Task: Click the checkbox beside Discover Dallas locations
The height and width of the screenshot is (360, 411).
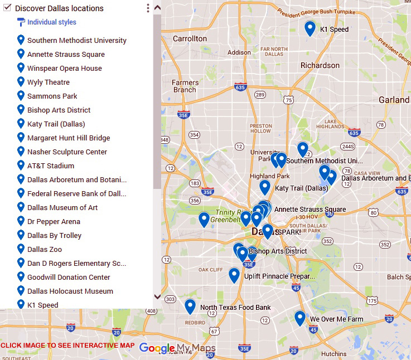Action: tap(7, 8)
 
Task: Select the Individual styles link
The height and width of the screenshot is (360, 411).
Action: tap(51, 22)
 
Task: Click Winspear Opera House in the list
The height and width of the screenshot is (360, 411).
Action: tap(64, 69)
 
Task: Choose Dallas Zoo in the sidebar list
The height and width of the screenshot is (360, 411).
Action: tap(45, 250)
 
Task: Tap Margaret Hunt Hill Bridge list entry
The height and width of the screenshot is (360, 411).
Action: tap(68, 138)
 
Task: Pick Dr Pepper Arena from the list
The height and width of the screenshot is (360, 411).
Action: tap(54, 222)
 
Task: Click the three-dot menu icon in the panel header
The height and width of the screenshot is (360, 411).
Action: tap(148, 8)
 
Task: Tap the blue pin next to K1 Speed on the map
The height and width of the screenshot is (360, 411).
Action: tap(310, 28)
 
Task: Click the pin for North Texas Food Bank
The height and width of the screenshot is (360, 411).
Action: tap(190, 306)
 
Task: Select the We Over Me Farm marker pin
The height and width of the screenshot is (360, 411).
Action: tap(300, 318)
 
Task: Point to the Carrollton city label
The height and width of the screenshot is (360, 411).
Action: tap(190, 39)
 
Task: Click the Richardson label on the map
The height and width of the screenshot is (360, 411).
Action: tap(320, 65)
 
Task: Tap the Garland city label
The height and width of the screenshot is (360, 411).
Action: tap(394, 100)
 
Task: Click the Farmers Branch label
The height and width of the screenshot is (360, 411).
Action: tap(185, 86)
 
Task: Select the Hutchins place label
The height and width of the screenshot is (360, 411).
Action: tap(333, 354)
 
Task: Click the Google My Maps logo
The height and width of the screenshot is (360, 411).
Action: tap(177, 348)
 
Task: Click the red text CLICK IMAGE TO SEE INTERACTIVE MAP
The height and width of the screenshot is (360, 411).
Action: tap(67, 346)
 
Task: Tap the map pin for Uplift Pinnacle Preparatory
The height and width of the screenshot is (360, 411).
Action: tap(234, 275)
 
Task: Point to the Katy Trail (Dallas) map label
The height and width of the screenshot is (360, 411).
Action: tap(301, 188)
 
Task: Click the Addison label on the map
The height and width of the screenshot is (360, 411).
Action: tap(239, 52)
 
